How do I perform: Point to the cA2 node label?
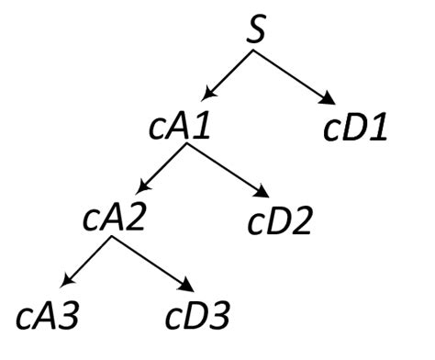(x=116, y=220)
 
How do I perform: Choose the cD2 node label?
(x=282, y=221)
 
